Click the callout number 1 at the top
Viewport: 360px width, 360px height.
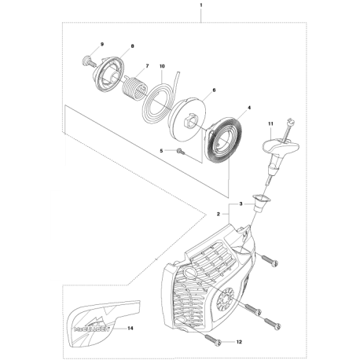tap(179, 6)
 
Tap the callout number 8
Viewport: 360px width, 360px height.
tap(132, 46)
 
